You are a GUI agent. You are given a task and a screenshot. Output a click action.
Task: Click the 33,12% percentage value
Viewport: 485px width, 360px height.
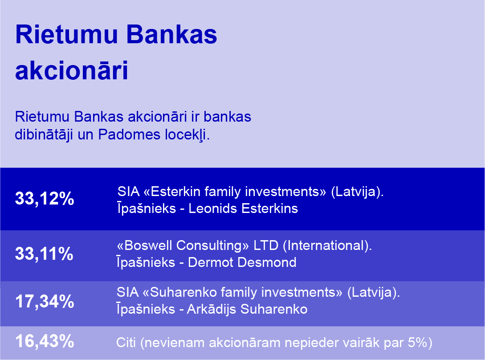click(x=45, y=198)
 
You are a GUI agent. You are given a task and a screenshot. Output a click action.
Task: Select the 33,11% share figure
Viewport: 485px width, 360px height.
click(x=44, y=254)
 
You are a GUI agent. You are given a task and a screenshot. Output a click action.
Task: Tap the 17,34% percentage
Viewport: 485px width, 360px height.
click(x=45, y=302)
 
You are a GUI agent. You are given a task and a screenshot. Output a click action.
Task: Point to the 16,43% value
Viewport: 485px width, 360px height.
click(x=45, y=341)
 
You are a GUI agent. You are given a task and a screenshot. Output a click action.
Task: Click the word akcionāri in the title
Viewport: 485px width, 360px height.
click(x=71, y=70)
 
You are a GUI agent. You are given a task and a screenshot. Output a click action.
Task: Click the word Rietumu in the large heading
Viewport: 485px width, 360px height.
click(x=66, y=34)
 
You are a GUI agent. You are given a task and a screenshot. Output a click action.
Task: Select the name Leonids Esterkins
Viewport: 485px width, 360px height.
click(x=243, y=209)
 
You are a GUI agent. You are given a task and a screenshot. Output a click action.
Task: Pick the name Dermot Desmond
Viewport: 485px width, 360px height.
click(x=242, y=262)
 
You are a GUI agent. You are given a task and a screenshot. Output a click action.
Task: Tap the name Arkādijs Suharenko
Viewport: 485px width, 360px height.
click(x=247, y=309)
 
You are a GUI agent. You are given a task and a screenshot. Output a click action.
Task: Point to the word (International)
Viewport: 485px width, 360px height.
click(x=327, y=245)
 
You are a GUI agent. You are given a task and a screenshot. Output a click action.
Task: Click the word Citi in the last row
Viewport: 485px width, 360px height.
click(x=126, y=343)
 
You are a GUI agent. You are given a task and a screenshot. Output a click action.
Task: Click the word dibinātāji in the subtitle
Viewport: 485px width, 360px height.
click(x=44, y=135)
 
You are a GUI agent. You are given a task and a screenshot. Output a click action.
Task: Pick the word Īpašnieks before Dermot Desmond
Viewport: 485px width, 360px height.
click(x=146, y=262)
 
